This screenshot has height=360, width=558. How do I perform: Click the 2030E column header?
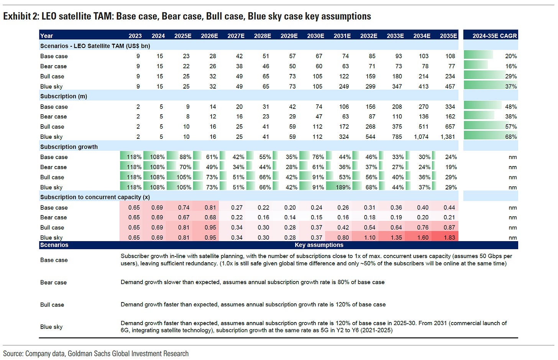(x=315, y=36)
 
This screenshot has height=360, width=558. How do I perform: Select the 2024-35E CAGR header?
(x=494, y=36)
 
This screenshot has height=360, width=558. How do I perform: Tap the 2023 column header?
(x=135, y=36)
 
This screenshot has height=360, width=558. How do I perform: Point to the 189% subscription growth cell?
(x=343, y=187)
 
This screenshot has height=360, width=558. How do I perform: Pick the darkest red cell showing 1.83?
(x=449, y=237)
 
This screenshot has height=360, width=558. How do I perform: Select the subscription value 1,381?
(x=448, y=136)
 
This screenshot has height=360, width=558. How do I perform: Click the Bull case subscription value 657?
(x=450, y=127)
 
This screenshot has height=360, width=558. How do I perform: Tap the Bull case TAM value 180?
(x=397, y=76)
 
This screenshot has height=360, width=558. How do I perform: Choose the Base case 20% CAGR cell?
(x=511, y=56)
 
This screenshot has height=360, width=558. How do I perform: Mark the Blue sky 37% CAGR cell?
(x=511, y=86)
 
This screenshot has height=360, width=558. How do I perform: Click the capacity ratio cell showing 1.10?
(x=370, y=237)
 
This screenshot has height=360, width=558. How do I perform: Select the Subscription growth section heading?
(x=69, y=147)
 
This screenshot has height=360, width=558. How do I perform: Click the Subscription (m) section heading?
(x=64, y=96)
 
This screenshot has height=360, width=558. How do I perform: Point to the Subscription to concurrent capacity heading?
(x=95, y=197)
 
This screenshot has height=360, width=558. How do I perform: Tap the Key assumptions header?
(x=319, y=245)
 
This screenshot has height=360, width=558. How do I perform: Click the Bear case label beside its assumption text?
(x=53, y=282)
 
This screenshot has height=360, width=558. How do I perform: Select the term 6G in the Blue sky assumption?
(x=125, y=330)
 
